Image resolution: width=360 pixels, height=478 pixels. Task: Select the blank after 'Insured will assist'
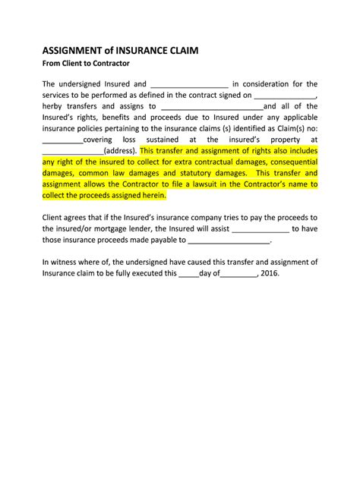pyautogui.click(x=260, y=228)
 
